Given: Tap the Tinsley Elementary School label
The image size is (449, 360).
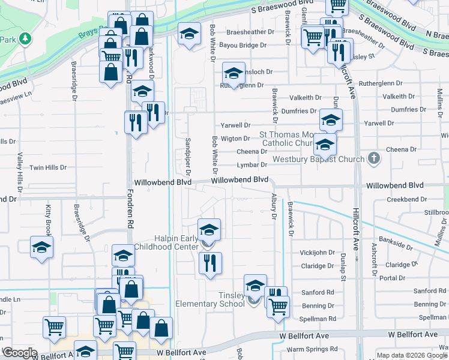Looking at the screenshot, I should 210,299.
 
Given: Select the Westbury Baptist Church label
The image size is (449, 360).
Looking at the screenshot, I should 319,160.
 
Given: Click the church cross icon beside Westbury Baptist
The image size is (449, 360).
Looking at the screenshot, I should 374,159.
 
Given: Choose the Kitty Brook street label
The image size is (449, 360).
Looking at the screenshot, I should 49,220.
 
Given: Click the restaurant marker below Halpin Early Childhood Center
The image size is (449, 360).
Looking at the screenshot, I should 210,263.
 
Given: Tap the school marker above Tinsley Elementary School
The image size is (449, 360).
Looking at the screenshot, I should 255,285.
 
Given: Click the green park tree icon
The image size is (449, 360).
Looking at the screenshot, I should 25,39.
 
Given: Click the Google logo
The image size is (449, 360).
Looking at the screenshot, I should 20,353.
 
